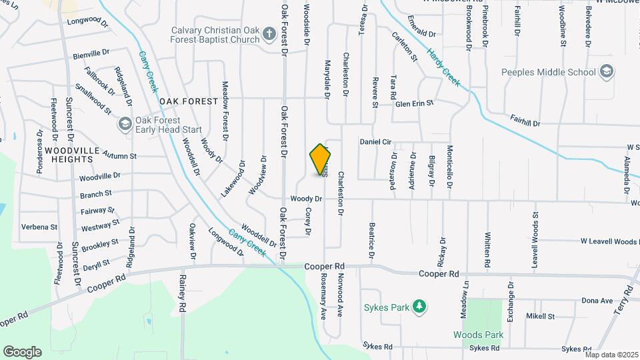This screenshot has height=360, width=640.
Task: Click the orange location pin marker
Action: [321, 159]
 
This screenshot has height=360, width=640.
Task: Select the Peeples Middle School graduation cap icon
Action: [606, 71]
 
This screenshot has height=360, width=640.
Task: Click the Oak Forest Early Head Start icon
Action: [125, 123]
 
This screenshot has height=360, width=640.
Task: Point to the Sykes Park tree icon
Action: [419, 307]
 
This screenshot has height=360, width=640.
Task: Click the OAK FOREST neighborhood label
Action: [189, 101]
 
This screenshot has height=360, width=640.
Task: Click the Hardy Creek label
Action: [444, 67]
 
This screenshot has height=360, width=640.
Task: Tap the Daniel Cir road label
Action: [375, 142]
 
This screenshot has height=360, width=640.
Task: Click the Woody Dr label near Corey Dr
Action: [307, 199]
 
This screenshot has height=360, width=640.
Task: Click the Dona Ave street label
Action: [597, 301]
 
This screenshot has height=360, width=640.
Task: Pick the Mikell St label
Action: [540, 316]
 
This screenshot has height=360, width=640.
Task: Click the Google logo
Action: [22, 351]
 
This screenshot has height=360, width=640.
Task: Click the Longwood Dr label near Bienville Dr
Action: [87, 22]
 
